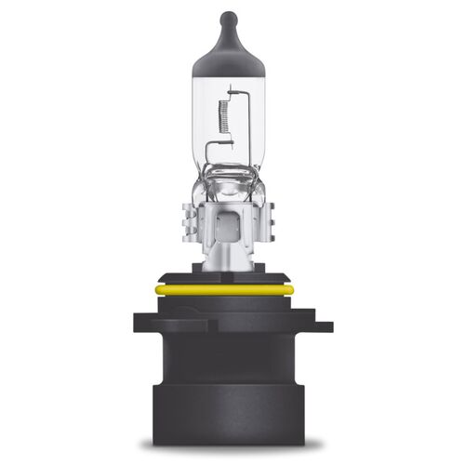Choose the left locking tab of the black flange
(x=142, y=325)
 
